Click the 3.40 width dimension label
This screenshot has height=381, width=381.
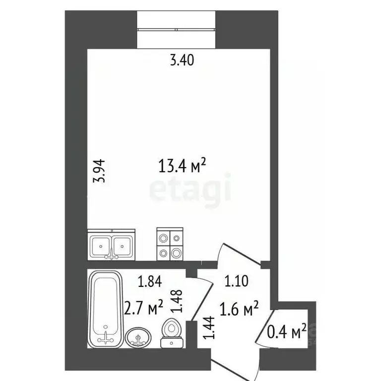[x=182, y=61]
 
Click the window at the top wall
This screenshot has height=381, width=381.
[x=176, y=28]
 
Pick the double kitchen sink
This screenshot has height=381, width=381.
[x=112, y=244]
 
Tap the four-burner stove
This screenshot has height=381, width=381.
[x=170, y=244]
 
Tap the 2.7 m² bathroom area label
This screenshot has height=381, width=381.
[x=144, y=309]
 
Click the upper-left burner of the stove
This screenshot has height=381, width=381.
[x=163, y=237]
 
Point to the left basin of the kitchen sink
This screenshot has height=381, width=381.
[x=102, y=245]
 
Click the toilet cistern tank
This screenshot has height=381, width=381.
[x=172, y=342]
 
